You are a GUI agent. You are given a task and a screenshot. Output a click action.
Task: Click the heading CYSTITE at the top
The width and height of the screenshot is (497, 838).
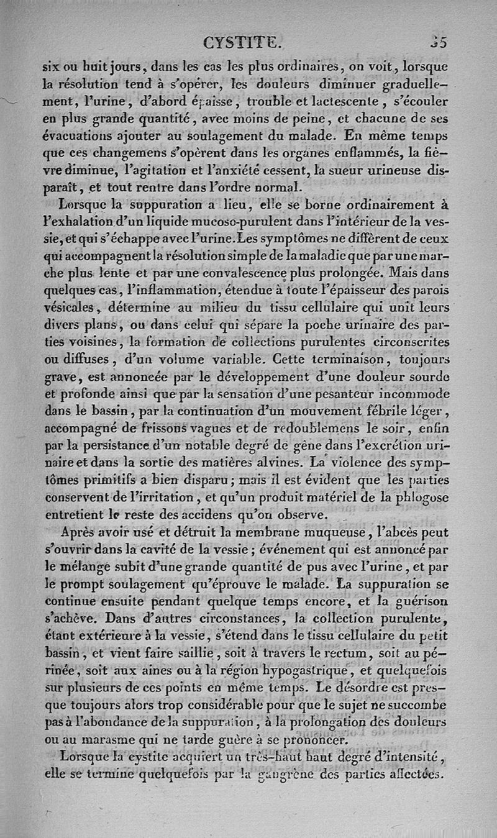point(243,43)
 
